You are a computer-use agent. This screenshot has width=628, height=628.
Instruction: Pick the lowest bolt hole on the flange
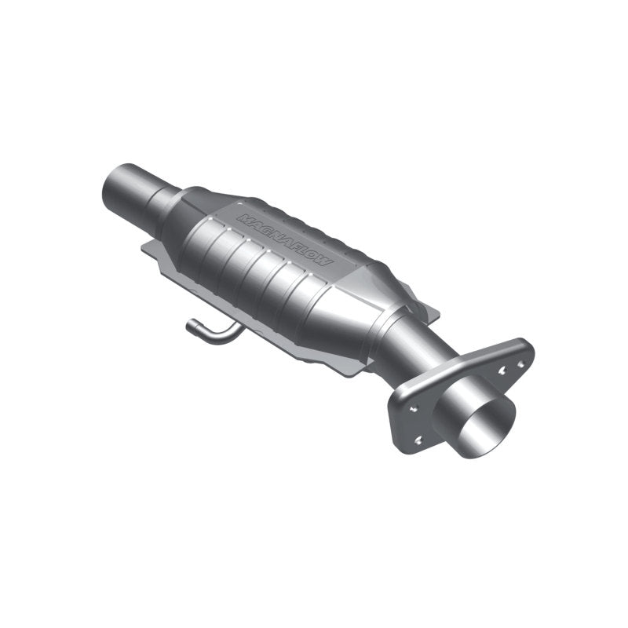(x=417, y=440)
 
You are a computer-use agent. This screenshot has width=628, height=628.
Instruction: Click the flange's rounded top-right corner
(x=524, y=345)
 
